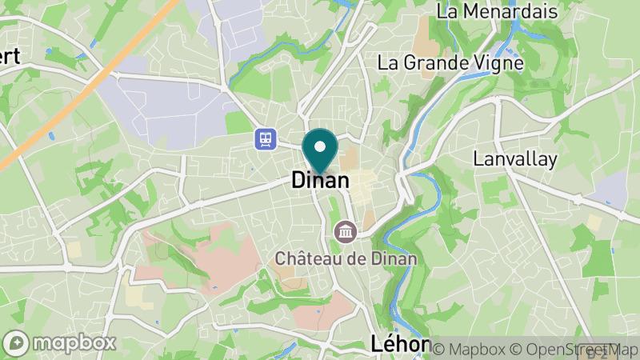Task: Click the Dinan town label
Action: [x=320, y=181]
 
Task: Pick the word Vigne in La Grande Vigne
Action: [x=496, y=62]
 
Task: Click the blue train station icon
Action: [x=265, y=139]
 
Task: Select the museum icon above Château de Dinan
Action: [x=346, y=233]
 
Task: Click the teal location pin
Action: [x=321, y=151]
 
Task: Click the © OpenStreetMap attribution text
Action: [x=573, y=349]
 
